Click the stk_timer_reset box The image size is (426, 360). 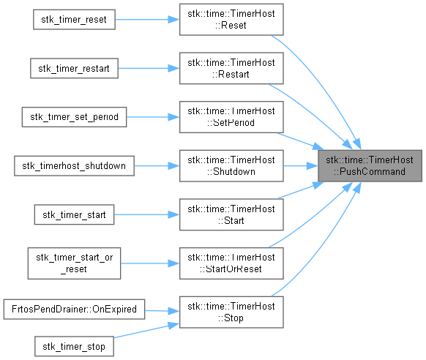click(74, 20)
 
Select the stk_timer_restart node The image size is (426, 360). click(74, 68)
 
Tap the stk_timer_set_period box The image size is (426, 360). click(74, 117)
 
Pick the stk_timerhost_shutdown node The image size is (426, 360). click(74, 166)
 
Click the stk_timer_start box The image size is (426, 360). click(74, 214)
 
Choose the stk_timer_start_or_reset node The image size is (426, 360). click(74, 263)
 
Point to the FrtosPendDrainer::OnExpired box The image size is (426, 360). click(74, 310)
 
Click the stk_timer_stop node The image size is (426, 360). click(74, 346)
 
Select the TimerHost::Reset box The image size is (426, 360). click(231, 20)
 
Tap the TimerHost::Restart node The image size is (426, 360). click(231, 68)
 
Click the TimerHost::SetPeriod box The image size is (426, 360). click(231, 117)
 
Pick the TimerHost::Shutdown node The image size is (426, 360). click(231, 166)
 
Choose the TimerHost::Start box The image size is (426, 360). click(231, 214)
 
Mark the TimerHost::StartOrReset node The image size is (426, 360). click(231, 263)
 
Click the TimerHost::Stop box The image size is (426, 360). click(231, 312)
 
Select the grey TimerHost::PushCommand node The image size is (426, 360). click(370, 166)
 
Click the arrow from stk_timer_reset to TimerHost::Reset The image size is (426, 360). click(147, 20)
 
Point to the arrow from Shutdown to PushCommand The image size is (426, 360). click(301, 166)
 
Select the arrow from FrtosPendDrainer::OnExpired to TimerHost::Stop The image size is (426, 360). click(162, 311)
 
